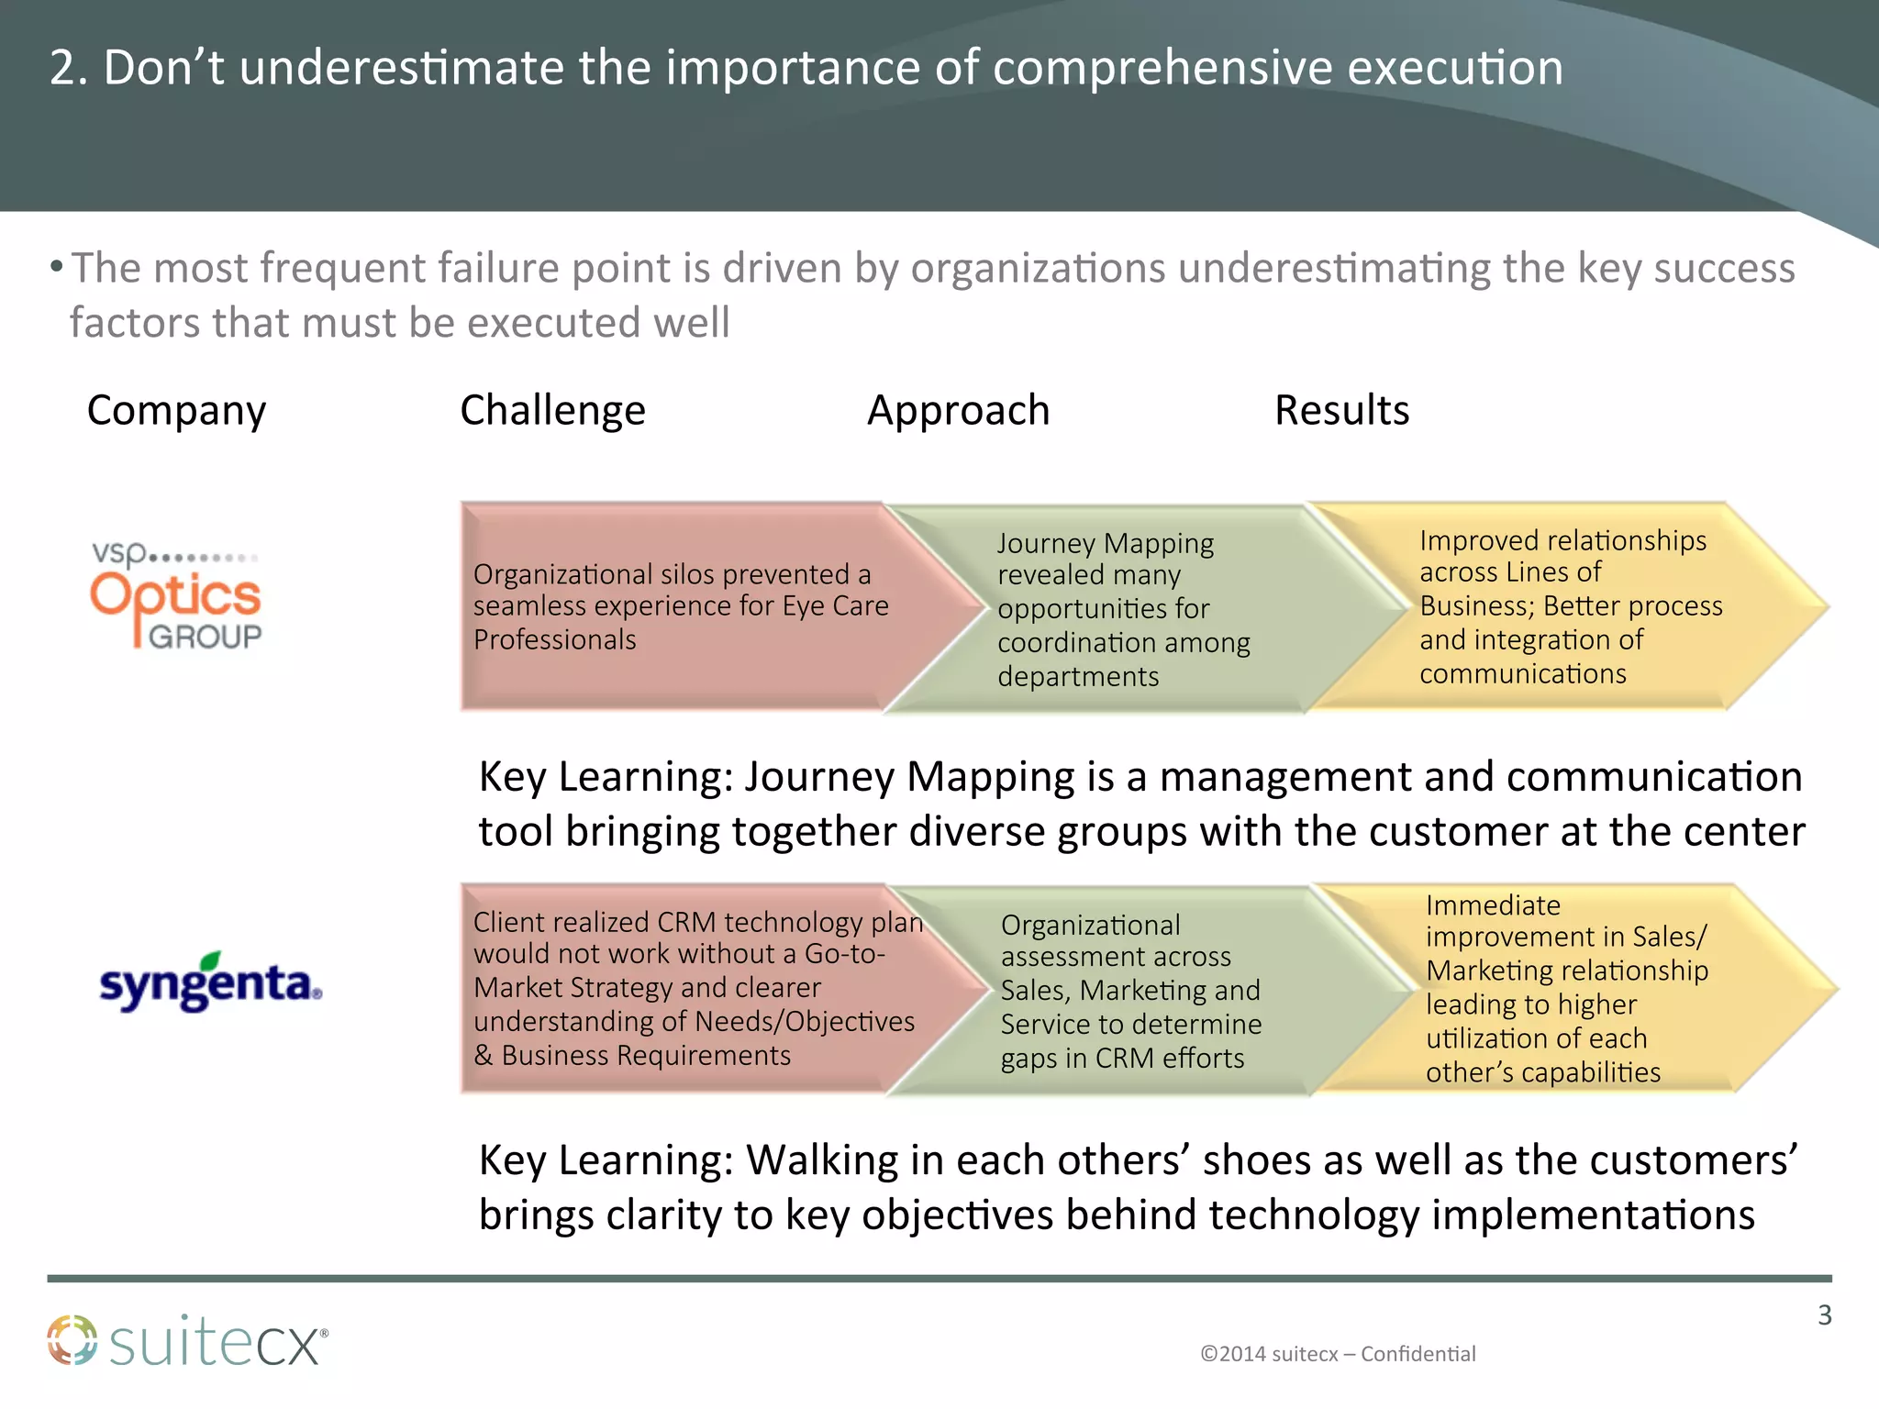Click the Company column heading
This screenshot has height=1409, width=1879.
(176, 411)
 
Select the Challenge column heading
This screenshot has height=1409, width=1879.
(552, 410)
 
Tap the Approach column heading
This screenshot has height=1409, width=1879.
(958, 410)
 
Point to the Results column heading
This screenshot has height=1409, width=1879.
(1341, 410)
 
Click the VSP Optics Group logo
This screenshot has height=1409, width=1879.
(177, 597)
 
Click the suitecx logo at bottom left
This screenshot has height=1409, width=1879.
(188, 1341)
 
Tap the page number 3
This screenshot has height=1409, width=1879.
(1824, 1315)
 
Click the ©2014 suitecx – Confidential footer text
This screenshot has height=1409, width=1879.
(1338, 1354)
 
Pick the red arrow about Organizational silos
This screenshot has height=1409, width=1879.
(679, 606)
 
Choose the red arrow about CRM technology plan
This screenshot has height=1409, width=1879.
(679, 988)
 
